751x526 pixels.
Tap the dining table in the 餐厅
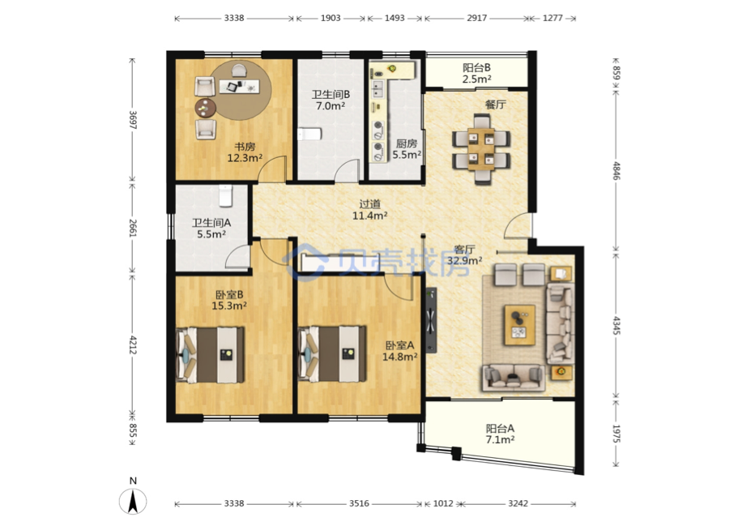[x=481, y=149]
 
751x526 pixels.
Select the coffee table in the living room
[x=519, y=325]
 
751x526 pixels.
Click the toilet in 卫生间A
[x=225, y=196]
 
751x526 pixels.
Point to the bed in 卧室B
[x=211, y=354]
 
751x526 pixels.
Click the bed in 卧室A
[x=332, y=354]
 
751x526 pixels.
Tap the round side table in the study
[x=206, y=108]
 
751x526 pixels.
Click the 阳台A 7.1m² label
[x=500, y=434]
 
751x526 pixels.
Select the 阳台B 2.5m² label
[x=476, y=73]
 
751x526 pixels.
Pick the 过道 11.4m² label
[x=369, y=210]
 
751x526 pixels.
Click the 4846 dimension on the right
[x=617, y=171]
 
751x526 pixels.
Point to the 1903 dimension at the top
[x=331, y=18]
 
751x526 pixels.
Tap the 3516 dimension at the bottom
[x=359, y=503]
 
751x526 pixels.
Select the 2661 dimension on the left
[x=133, y=228]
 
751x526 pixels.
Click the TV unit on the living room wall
[x=431, y=320]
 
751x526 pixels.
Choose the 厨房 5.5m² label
[x=407, y=149]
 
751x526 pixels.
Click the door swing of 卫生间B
[x=347, y=171]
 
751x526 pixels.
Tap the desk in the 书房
[x=239, y=86]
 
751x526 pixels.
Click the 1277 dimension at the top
[x=553, y=18]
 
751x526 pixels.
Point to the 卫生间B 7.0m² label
[x=331, y=100]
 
